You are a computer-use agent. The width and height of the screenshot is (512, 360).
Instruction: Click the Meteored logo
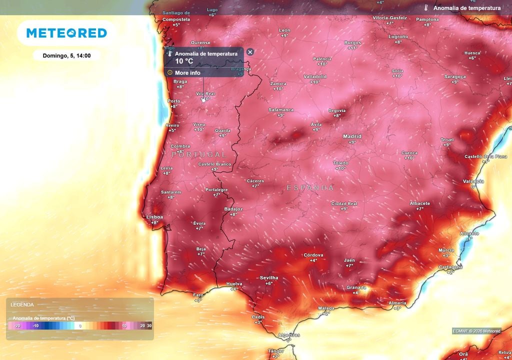(x=66, y=33)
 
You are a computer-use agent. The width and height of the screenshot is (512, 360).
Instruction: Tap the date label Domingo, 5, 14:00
(x=66, y=55)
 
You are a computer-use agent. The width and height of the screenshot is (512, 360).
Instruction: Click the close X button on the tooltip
(x=250, y=52)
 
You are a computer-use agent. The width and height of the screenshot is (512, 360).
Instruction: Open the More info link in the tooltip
(x=187, y=72)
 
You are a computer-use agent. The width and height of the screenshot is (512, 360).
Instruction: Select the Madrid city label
(x=352, y=136)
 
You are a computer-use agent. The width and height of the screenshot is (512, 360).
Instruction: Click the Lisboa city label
(x=154, y=217)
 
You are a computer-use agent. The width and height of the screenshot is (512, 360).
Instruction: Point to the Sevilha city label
(x=268, y=277)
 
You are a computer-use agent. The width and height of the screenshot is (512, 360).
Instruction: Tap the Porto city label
(x=173, y=101)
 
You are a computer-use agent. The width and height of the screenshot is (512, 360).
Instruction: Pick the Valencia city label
(x=473, y=181)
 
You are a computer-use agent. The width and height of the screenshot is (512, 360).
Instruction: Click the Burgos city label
(x=352, y=42)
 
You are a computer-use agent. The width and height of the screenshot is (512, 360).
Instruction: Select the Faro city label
(x=198, y=295)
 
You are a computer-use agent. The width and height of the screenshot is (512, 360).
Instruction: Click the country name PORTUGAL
(x=199, y=154)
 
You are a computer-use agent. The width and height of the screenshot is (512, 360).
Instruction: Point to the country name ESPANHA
(x=310, y=187)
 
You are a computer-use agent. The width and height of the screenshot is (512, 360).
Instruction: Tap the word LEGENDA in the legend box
(x=22, y=304)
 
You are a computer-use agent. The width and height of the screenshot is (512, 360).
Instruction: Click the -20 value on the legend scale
(x=16, y=325)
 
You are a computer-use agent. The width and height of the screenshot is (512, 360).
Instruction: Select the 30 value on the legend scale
(x=149, y=325)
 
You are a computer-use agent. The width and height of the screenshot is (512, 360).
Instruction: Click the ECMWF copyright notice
(x=476, y=330)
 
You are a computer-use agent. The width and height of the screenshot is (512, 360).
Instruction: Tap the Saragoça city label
(x=454, y=76)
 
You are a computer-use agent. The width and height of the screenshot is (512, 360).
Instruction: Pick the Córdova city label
(x=313, y=255)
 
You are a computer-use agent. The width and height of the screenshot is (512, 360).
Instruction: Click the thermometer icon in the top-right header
(x=426, y=8)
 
